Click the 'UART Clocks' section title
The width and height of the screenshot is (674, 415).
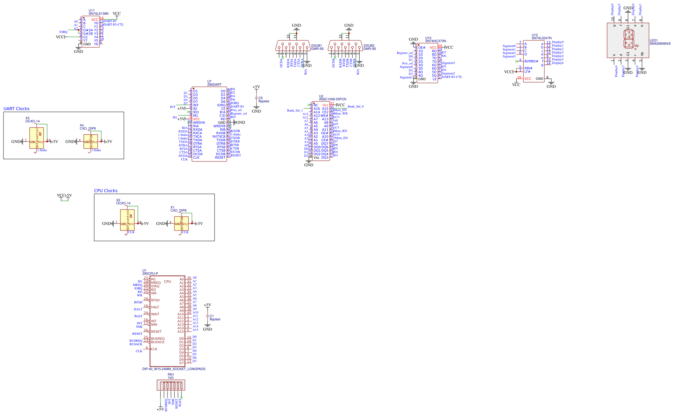tap(16, 109)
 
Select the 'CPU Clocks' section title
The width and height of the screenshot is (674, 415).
tap(106, 191)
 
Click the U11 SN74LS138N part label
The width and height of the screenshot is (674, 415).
tap(98, 14)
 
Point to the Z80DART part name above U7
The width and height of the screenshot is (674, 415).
tap(214, 85)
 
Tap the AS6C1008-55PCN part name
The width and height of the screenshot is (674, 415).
tap(332, 99)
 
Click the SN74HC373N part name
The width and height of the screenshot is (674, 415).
tap(435, 41)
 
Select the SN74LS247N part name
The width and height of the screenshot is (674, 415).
tap(541, 38)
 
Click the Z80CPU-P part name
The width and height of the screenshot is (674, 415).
tap(150, 274)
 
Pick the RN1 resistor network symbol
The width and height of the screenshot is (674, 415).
tap(171, 386)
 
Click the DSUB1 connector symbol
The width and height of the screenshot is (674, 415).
tap(293, 46)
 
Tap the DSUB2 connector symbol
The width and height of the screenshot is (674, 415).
tap(345, 46)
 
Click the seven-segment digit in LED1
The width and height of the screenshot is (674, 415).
tap(629, 39)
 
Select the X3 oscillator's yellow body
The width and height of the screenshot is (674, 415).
tap(37, 138)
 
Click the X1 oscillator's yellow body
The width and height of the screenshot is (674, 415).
tap(181, 223)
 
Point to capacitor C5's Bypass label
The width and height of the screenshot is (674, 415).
tap(264, 101)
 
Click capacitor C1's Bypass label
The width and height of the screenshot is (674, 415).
tap(215, 319)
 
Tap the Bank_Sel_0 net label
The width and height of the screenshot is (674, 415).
tap(355, 107)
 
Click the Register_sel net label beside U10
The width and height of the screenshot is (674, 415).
tap(404, 53)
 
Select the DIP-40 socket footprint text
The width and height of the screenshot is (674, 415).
tap(174, 369)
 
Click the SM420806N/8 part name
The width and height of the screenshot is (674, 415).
tap(660, 44)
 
